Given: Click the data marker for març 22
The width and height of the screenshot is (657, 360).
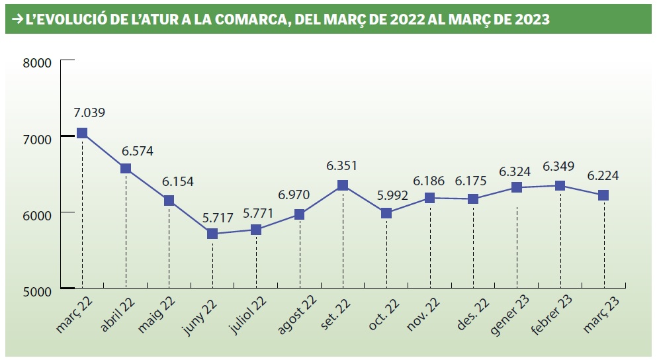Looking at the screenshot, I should click(82, 133).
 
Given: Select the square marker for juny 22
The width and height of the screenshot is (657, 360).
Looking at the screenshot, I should click(212, 234).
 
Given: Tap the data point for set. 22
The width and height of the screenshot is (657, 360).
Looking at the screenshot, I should click(343, 185).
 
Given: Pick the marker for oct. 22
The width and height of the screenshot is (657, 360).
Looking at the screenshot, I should click(386, 213).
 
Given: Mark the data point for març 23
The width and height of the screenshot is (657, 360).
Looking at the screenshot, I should click(603, 195).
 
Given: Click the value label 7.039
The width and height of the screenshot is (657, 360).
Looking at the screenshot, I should click(89, 112).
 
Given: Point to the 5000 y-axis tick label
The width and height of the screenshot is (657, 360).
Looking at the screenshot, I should click(37, 291).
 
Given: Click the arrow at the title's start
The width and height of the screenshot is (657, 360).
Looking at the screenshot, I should click(17, 20).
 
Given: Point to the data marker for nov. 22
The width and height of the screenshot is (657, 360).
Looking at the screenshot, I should click(430, 198).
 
